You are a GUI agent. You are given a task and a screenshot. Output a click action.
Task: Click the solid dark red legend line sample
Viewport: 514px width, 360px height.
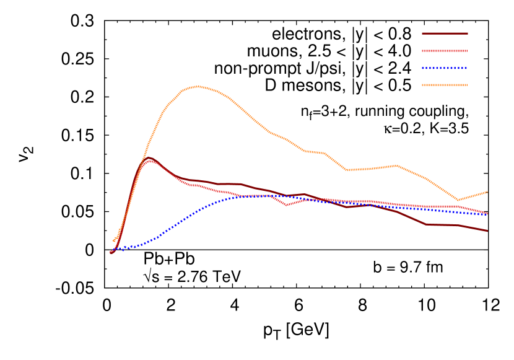pyautogui.click(x=445, y=33)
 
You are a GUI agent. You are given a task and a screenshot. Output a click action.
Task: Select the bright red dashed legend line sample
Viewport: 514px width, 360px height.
pyautogui.click(x=445, y=51)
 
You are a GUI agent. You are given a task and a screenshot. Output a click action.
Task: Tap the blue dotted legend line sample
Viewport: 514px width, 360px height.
pyautogui.click(x=445, y=68)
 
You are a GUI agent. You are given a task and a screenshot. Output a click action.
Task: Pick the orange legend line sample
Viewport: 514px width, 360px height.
pyautogui.click(x=445, y=85)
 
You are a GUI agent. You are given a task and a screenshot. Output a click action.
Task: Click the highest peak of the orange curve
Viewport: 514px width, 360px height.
pyautogui.click(x=197, y=86)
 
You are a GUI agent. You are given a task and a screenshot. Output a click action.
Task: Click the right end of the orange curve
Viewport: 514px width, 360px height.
pyautogui.click(x=487, y=192)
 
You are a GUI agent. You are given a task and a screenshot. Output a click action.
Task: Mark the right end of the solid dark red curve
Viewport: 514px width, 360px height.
pyautogui.click(x=487, y=231)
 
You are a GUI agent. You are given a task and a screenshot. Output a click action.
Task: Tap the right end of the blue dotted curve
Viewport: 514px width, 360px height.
pyautogui.click(x=487, y=214)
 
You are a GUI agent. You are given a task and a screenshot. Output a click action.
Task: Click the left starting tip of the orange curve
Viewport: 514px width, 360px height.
pyautogui.click(x=113, y=240)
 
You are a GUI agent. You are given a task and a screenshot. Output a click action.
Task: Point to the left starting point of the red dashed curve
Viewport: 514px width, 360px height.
pyautogui.click(x=110, y=252)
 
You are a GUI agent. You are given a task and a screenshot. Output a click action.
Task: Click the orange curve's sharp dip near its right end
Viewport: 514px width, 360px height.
pyautogui.click(x=458, y=200)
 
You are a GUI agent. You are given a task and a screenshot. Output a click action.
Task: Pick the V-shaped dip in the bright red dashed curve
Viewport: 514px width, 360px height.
pyautogui.click(x=287, y=204)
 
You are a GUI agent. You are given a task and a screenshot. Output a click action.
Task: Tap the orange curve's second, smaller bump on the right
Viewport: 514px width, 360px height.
pyautogui.click(x=395, y=165)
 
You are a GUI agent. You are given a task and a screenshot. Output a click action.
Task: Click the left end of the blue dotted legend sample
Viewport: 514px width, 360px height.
pyautogui.click(x=423, y=68)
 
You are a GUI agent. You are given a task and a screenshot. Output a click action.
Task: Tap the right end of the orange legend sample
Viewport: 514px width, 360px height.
pyautogui.click(x=467, y=85)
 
